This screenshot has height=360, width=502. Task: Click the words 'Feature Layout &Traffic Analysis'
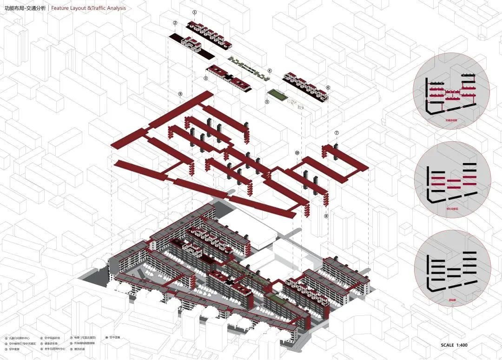click(x=88, y=8)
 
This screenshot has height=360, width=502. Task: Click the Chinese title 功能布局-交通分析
click(x=25, y=8)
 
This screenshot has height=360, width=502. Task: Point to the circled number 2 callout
click(x=175, y=23)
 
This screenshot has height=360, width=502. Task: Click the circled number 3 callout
click(x=205, y=79)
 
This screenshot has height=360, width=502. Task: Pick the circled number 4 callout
click(x=269, y=71)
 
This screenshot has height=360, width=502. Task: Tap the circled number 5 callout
click(x=267, y=102)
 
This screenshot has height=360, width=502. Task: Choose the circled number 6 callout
click(x=328, y=87)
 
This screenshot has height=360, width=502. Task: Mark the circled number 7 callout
click(x=337, y=133)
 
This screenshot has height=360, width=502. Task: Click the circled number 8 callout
click(x=326, y=216)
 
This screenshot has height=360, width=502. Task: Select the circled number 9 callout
click(x=180, y=94)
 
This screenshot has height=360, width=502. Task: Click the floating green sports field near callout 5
click(x=277, y=95)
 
